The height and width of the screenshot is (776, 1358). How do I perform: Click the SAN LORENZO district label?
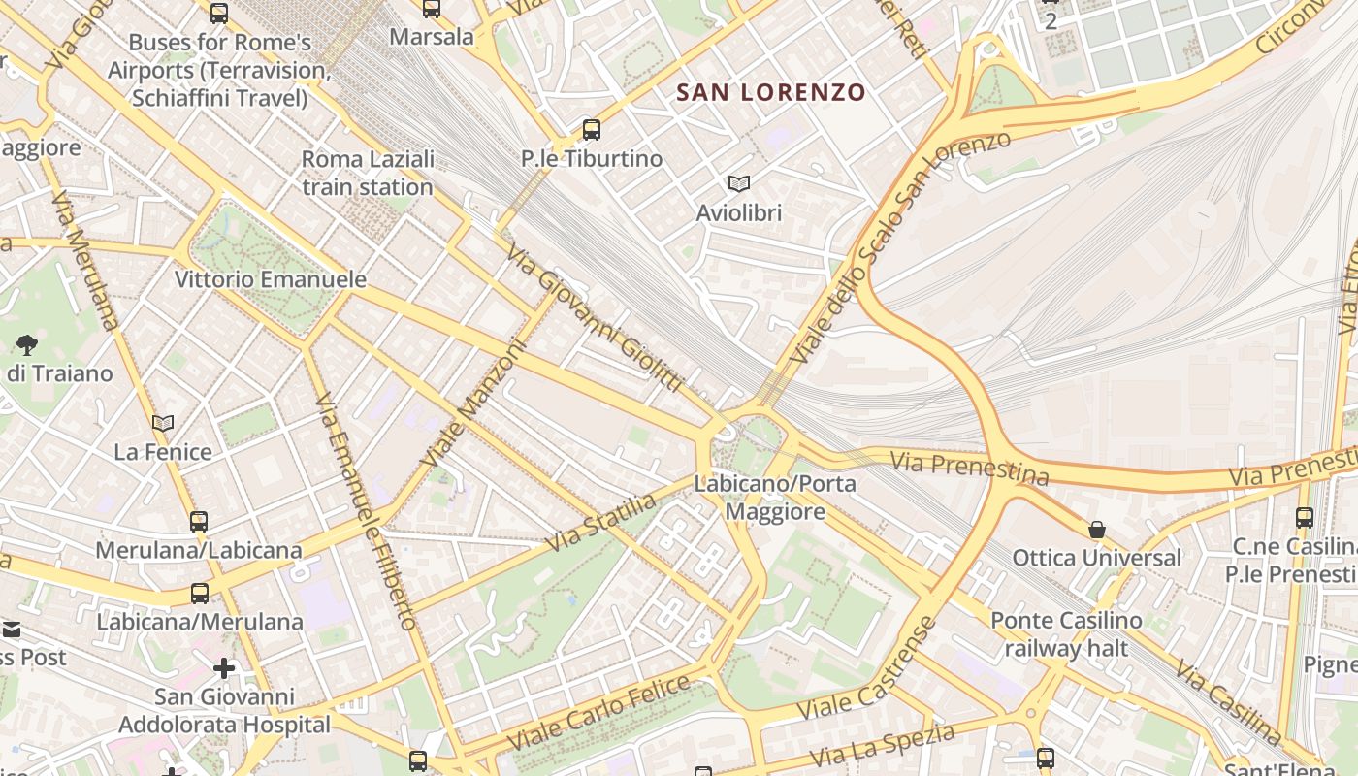tap(770, 93)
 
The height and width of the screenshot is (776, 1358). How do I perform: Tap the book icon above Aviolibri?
tap(739, 183)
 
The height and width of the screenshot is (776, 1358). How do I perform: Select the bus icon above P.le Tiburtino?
tap(592, 129)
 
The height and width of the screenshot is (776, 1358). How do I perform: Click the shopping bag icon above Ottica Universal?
tap(1097, 530)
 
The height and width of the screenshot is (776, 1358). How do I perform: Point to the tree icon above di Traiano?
tap(27, 344)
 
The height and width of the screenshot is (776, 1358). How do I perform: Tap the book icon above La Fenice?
tap(163, 423)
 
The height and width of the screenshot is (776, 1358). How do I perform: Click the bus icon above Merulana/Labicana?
tap(199, 521)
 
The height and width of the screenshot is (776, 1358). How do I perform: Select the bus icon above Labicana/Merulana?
tap(200, 593)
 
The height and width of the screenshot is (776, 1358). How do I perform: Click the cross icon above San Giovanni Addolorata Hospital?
tap(224, 668)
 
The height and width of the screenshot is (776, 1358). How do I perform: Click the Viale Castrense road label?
tap(867, 668)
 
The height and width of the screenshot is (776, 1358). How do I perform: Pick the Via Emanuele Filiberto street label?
tap(366, 511)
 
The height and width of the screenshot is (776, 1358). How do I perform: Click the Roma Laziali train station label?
tap(368, 173)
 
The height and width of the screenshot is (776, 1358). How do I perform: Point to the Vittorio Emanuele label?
tap(271, 279)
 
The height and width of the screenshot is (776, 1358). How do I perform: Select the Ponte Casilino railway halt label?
tap(1066, 633)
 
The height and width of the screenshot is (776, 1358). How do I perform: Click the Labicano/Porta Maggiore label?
tap(775, 498)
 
